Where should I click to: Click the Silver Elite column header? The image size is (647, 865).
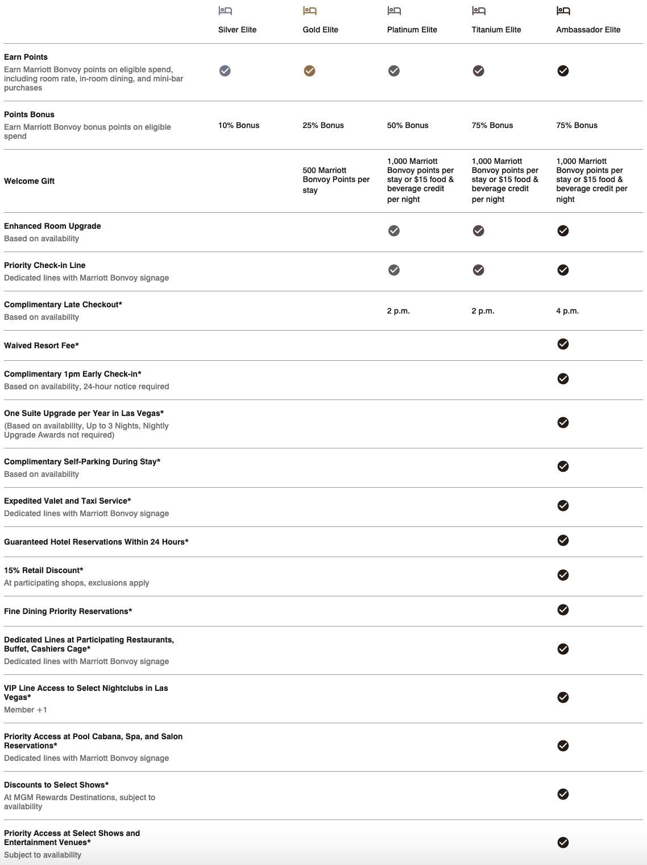point(237,30)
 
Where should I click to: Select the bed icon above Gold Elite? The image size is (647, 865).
point(309,11)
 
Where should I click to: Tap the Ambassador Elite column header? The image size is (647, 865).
point(588,30)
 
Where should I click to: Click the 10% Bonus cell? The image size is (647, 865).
point(239,125)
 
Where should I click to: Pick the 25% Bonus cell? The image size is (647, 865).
point(323,125)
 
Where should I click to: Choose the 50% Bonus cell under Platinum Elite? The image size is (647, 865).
point(408,125)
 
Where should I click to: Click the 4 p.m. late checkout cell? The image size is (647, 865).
point(567,311)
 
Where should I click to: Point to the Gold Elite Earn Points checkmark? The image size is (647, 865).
point(309,71)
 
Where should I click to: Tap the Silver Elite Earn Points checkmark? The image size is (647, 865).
point(225,71)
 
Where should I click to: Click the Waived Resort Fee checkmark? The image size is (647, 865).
point(563,344)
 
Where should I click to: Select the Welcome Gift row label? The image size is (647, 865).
point(30,181)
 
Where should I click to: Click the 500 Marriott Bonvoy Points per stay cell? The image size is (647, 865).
point(335,180)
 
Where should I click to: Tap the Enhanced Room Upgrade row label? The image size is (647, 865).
point(52,226)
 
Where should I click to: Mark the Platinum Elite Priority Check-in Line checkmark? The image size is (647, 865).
point(394,270)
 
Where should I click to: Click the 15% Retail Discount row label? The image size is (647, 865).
point(44,570)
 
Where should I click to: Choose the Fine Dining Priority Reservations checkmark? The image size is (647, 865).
point(563,609)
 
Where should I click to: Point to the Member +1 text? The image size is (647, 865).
point(26,710)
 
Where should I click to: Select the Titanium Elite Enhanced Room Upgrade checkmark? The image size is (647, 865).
point(479,230)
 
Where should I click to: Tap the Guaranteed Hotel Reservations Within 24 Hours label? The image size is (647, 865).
point(96,542)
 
